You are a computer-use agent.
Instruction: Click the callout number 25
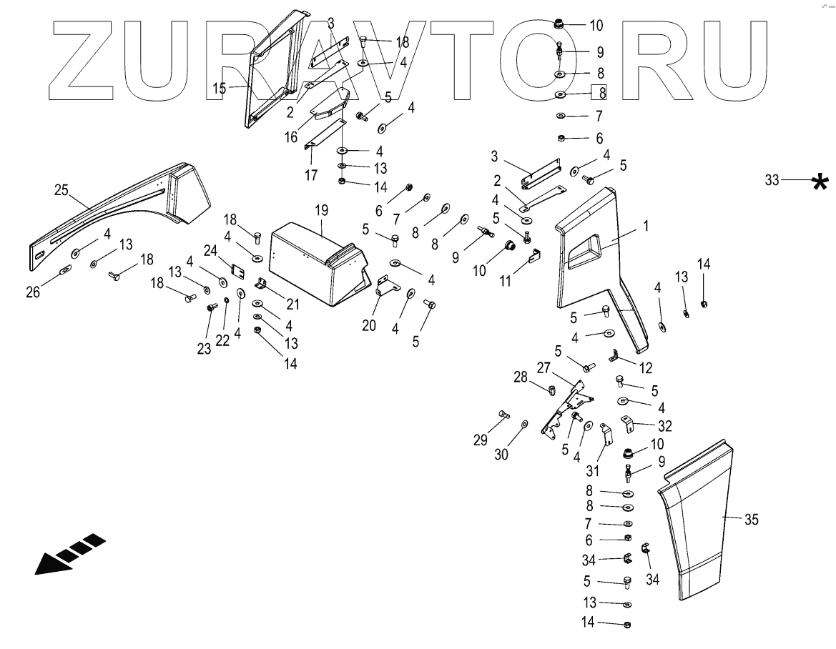62,189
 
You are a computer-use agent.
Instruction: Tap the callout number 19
322,210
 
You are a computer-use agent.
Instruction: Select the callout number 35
751,520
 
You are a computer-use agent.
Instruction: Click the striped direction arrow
70,553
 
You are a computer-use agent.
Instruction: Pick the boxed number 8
603,92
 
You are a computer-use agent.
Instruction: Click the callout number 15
220,89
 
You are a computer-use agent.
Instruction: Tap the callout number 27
544,368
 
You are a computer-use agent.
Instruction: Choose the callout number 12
646,368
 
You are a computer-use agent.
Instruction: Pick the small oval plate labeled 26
64,269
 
